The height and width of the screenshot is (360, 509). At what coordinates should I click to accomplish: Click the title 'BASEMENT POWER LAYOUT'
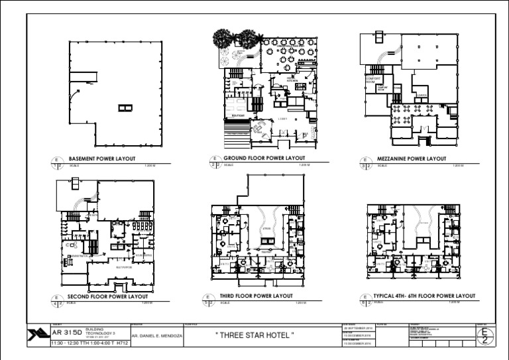[x=102, y=159]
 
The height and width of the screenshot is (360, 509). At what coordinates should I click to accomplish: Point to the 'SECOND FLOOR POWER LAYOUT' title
[x=107, y=296]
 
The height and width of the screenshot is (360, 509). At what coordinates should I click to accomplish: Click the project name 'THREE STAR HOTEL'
[x=254, y=335]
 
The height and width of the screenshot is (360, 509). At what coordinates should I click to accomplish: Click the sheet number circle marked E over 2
[x=485, y=335]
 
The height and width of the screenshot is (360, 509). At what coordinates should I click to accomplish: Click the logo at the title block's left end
[x=37, y=335]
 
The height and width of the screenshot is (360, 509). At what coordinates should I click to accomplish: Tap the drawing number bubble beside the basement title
[x=57, y=162]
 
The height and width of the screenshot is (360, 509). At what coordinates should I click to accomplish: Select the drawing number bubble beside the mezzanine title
[x=365, y=162]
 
